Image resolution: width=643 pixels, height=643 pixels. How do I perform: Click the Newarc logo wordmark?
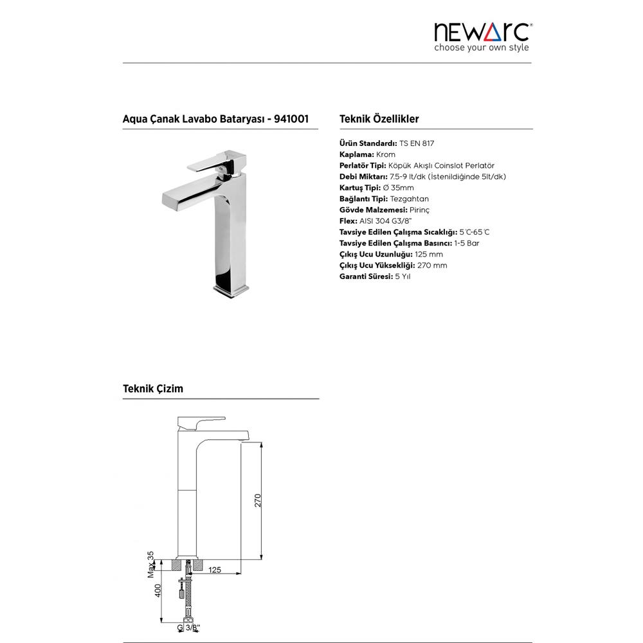(x=482, y=32)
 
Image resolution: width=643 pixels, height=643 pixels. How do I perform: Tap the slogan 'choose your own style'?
(x=482, y=48)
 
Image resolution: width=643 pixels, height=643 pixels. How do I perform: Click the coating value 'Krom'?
(x=386, y=155)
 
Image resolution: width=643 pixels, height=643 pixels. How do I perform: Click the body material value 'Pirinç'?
(x=419, y=210)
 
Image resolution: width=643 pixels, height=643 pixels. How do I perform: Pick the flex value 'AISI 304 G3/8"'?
(x=381, y=221)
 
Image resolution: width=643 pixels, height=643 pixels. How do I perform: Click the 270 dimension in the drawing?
(x=258, y=502)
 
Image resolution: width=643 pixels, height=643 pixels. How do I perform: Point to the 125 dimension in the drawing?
(x=215, y=569)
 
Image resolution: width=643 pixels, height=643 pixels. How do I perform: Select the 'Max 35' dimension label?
(x=152, y=564)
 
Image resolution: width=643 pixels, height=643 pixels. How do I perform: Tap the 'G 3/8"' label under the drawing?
(x=188, y=627)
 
